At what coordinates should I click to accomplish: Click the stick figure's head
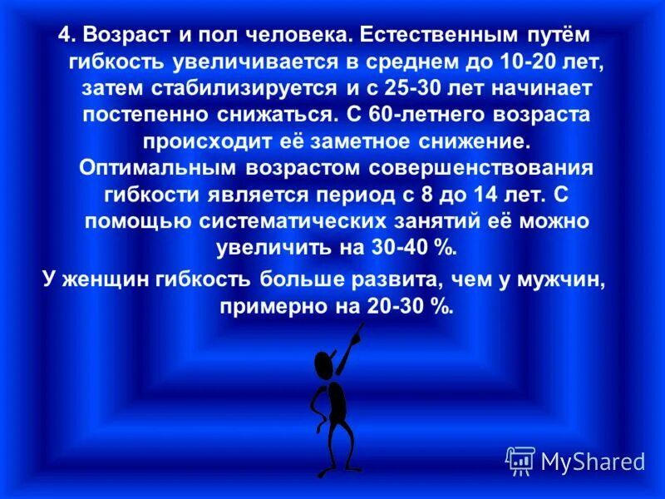point(324,364)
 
